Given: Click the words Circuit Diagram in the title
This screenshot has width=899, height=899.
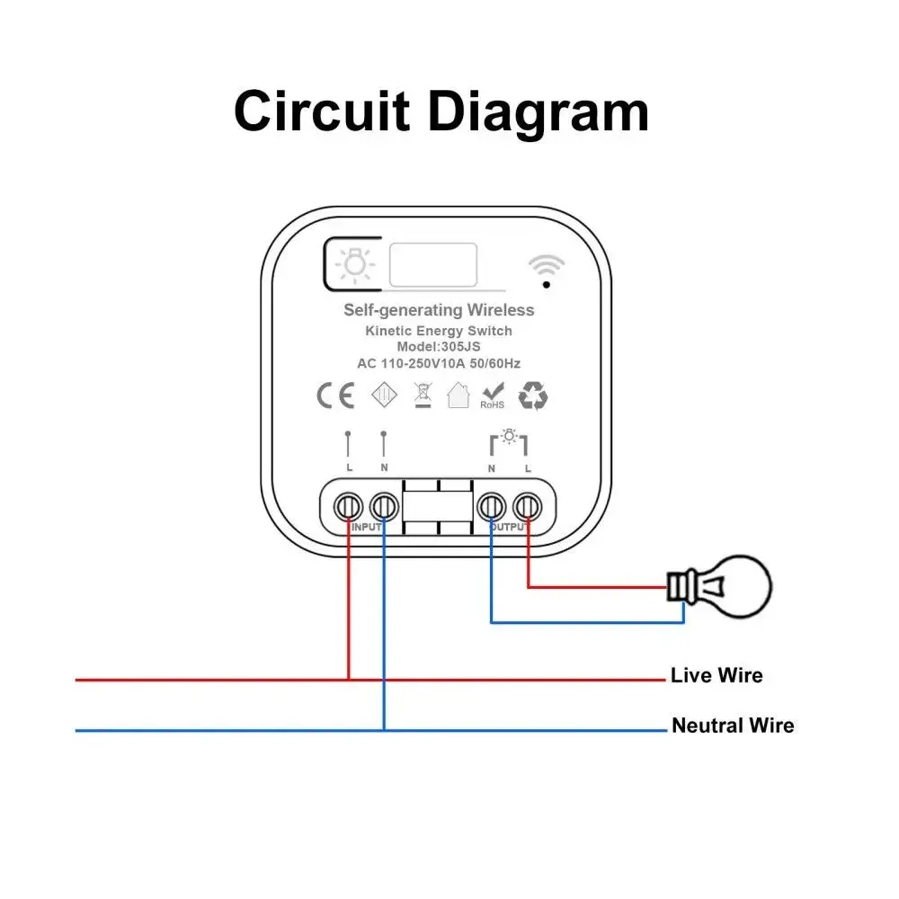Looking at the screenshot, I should pyautogui.click(x=441, y=112).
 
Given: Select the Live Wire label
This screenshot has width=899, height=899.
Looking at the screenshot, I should pyautogui.click(x=717, y=675).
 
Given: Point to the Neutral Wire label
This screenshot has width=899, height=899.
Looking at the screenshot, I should pyautogui.click(x=733, y=725).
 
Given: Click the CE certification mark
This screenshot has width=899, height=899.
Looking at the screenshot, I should pyautogui.click(x=334, y=396).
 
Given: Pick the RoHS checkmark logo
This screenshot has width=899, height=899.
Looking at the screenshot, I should pyautogui.click(x=492, y=396).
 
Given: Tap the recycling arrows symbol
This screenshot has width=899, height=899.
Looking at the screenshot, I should pyautogui.click(x=533, y=396).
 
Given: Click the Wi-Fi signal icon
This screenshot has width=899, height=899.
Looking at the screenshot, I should pyautogui.click(x=546, y=269).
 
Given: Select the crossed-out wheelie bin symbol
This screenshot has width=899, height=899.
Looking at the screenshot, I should pyautogui.click(x=420, y=396).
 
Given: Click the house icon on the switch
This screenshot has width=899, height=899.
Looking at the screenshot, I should pyautogui.click(x=458, y=396).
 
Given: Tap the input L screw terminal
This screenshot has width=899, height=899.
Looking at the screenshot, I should pyautogui.click(x=348, y=507).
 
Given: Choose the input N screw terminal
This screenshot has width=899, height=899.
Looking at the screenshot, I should pyautogui.click(x=384, y=507).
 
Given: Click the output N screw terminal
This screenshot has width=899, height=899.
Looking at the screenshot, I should pyautogui.click(x=491, y=507).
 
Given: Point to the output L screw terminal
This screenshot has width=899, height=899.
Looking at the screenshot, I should pyautogui.click(x=527, y=507).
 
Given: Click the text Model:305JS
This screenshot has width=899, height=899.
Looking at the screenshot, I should pyautogui.click(x=439, y=347).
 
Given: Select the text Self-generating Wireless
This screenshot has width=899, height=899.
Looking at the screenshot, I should pyautogui.click(x=439, y=310).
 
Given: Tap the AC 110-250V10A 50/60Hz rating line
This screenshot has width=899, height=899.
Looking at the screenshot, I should pyautogui.click(x=439, y=363).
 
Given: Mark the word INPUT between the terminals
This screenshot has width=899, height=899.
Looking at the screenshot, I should pyautogui.click(x=366, y=526).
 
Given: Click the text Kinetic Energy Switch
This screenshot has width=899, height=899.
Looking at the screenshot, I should pyautogui.click(x=439, y=331).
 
